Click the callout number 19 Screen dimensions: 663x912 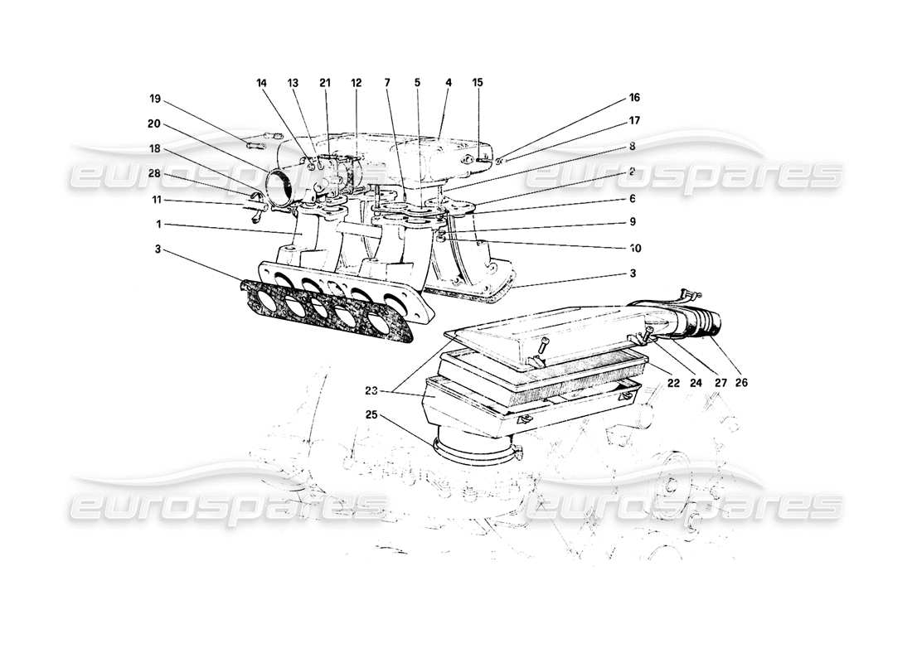pyautogui.click(x=154, y=99)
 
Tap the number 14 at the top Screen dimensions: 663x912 pyautogui.click(x=262, y=83)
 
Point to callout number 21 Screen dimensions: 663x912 pyautogui.click(x=324, y=83)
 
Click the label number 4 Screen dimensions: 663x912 pyautogui.click(x=448, y=83)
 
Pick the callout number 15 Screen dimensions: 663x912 pyautogui.click(x=478, y=83)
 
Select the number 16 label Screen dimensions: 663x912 pyautogui.click(x=635, y=98)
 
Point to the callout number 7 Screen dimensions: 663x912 pyautogui.click(x=386, y=83)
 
